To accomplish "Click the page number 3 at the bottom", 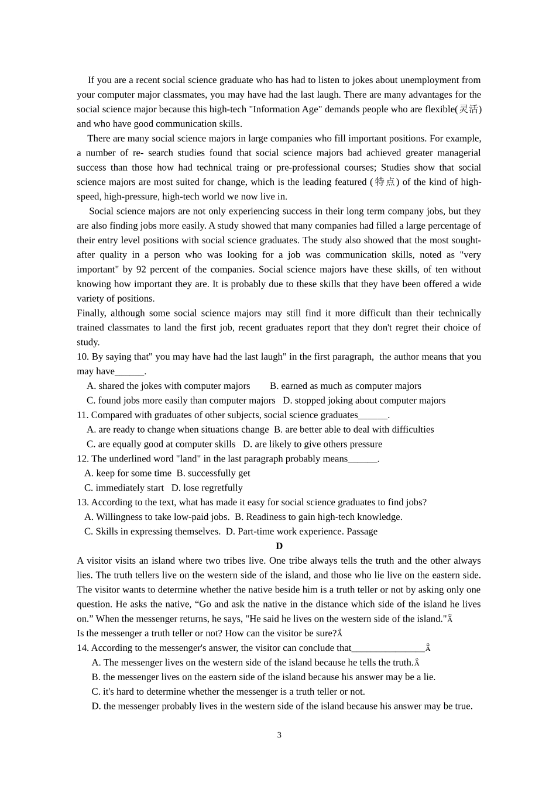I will pos(279,735).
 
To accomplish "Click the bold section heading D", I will pos(279,546).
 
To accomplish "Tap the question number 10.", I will pos(83,357).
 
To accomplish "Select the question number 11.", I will pos(83,415).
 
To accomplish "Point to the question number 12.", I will pos(83,459).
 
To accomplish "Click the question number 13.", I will pos(83,502).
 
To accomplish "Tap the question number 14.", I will pos(83,648).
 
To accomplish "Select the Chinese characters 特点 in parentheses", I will pos(385,182).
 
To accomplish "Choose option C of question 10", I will pos(181,401).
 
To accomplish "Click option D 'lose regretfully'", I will pos(207,488).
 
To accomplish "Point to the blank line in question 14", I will pos(388,648).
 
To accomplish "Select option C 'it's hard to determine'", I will pos(228,692).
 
